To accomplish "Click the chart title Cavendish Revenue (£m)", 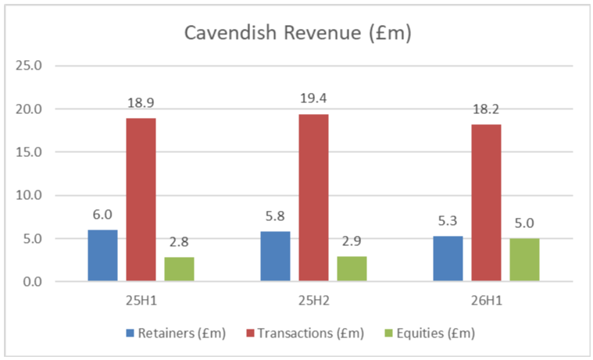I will click(296, 33).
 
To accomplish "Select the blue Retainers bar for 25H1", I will click(102, 255).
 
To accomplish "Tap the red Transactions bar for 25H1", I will click(141, 199).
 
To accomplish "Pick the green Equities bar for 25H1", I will click(179, 269).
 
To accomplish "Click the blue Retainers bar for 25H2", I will click(275, 256).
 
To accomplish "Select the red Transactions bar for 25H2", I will click(313, 198).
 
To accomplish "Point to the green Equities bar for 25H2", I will click(352, 269).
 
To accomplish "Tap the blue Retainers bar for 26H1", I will click(448, 258).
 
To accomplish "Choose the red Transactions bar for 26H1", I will click(486, 202).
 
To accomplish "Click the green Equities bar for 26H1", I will click(524, 259).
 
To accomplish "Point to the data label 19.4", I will click(313, 98).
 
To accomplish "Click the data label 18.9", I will click(141, 102).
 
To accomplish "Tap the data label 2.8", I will click(179, 241).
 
